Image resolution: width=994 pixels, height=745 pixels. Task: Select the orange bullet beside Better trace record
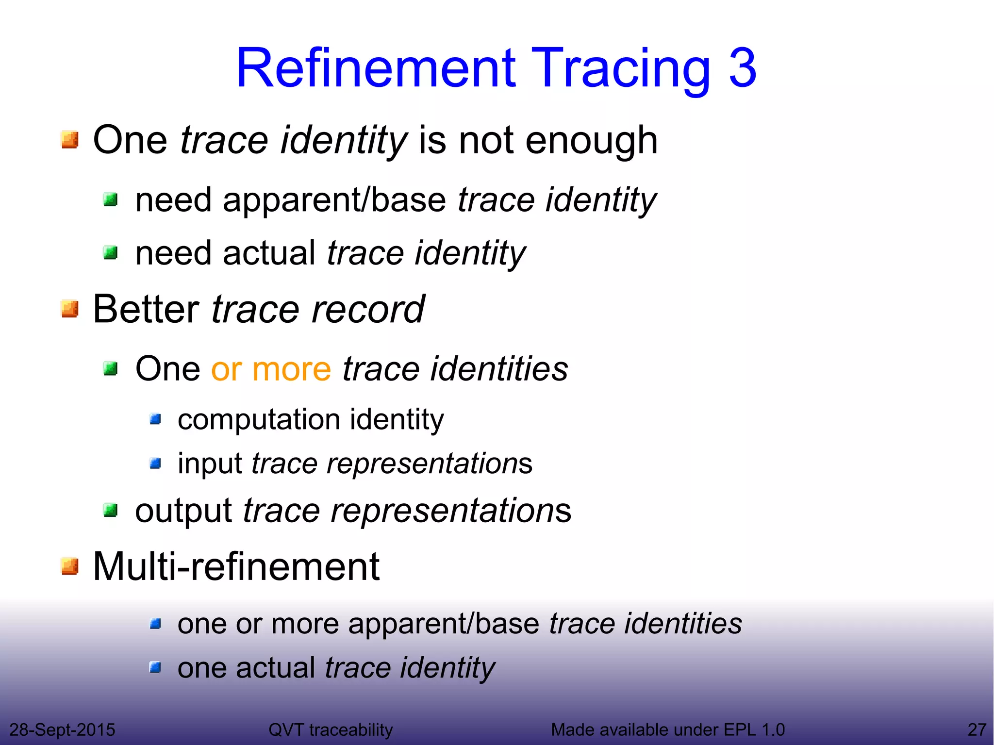[x=70, y=309]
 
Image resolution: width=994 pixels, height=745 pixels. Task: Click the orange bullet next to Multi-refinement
[x=70, y=566]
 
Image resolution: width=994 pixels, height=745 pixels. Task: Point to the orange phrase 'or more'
[x=271, y=369]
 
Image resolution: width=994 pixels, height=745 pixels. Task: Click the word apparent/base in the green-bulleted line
[x=334, y=200]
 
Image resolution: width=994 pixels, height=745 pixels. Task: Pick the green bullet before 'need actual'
[x=111, y=253]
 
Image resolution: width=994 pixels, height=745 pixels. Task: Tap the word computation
[x=259, y=419]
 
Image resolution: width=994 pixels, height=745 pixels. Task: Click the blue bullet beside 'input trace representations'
[x=155, y=464]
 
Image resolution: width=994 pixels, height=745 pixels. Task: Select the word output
[x=183, y=511]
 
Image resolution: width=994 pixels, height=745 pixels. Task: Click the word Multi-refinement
[x=236, y=566]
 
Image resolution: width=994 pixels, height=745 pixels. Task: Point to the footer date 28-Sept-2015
[x=62, y=729]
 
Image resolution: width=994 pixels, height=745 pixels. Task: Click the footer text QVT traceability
[x=331, y=729]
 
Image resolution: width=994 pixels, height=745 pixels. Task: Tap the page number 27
[x=977, y=729]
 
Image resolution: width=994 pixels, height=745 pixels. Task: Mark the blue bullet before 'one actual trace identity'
[x=155, y=668]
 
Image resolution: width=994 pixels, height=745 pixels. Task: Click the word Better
[x=146, y=309]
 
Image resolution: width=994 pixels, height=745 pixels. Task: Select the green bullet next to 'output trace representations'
[x=111, y=510]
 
